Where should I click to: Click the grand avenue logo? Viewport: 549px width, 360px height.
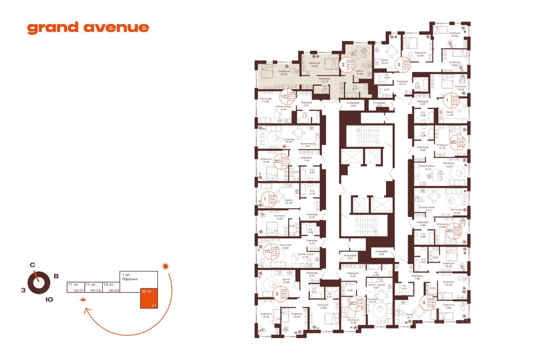[88, 28]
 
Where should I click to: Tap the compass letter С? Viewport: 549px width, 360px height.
[32, 265]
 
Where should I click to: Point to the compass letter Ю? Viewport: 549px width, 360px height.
[49, 300]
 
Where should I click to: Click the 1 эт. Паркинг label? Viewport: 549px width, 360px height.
[129, 277]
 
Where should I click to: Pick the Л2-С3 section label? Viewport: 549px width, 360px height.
[113, 291]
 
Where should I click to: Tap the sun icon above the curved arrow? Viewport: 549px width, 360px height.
[165, 267]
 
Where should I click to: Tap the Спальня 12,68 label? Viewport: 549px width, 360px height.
[455, 35]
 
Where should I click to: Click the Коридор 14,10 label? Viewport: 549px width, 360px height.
[402, 83]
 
